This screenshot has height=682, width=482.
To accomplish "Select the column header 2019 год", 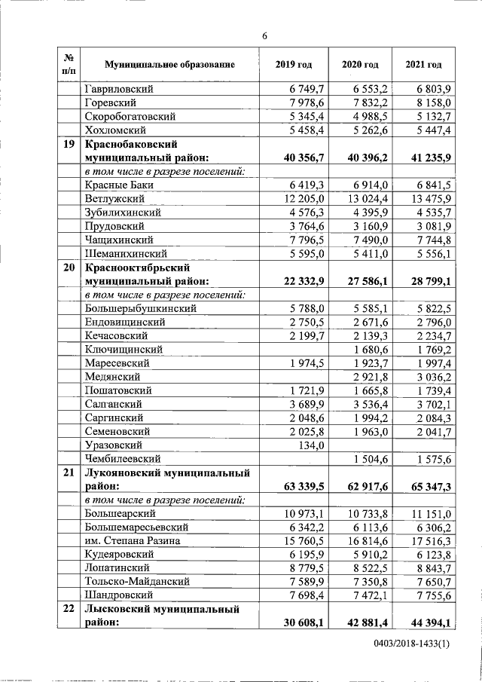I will (294, 65).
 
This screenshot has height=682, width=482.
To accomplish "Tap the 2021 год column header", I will (423, 65).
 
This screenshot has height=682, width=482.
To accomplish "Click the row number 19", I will (68, 144).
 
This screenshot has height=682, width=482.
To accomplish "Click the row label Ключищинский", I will (124, 349).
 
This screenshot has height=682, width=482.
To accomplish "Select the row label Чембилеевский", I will (124, 458).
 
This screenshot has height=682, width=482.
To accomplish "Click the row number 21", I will (68, 473).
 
